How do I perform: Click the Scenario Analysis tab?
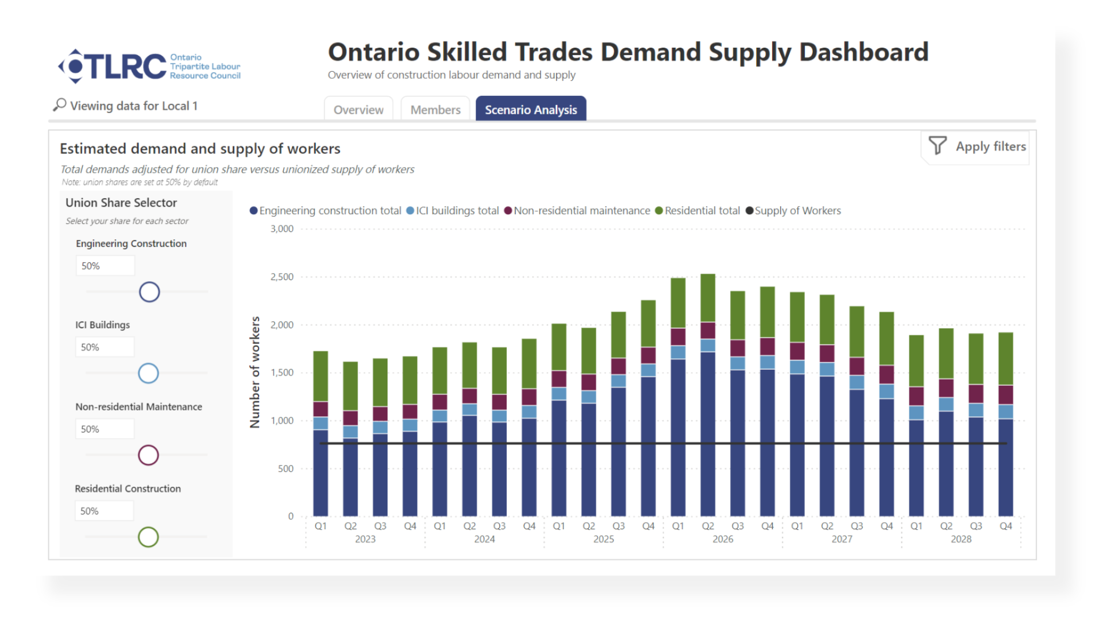(531, 110)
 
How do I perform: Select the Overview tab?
(358, 110)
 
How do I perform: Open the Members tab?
(435, 110)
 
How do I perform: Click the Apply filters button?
(990, 147)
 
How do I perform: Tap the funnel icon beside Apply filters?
(938, 146)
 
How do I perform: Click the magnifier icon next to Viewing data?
(60, 105)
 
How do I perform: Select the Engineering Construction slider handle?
(149, 292)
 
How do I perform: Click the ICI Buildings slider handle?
(148, 374)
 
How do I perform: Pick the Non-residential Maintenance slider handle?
(148, 455)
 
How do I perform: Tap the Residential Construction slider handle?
(148, 537)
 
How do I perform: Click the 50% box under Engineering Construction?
(105, 266)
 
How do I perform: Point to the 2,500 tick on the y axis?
(282, 277)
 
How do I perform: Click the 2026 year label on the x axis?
(723, 540)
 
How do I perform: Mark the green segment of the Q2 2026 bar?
(708, 298)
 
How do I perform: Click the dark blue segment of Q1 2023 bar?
(321, 474)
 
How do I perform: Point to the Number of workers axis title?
(254, 372)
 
